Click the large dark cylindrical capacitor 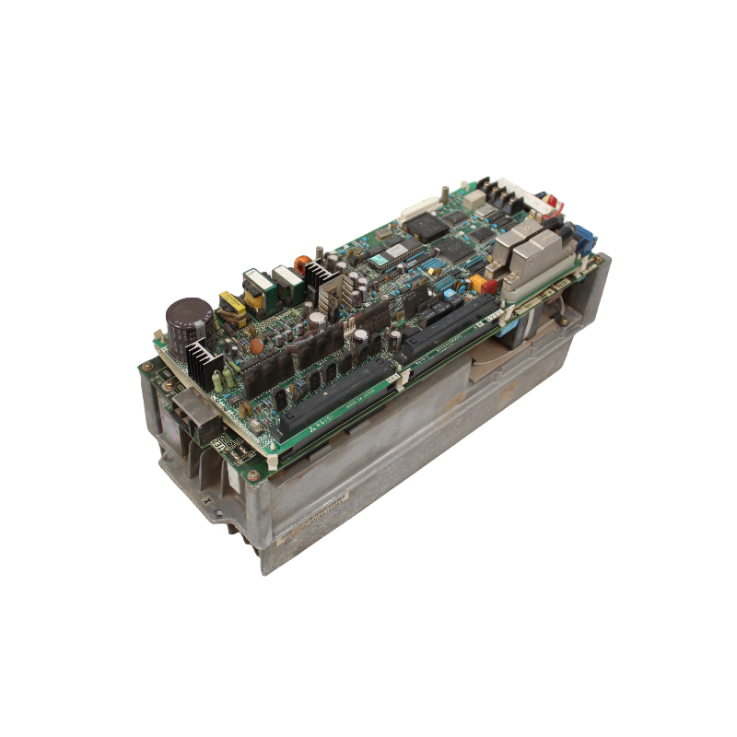click(189, 317)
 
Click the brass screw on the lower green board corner click(252, 475)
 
